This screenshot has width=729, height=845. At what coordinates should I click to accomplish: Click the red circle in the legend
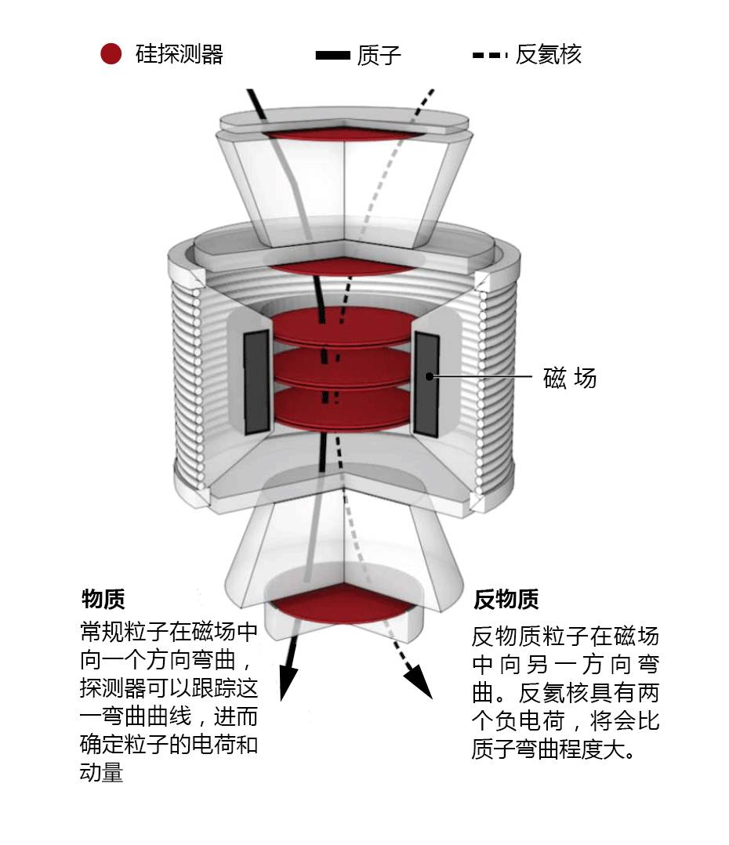(111, 54)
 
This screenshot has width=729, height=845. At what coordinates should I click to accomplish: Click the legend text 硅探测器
(180, 54)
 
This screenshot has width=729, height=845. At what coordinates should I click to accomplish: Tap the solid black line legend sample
(332, 55)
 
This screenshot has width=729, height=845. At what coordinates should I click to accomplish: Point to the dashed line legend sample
(489, 55)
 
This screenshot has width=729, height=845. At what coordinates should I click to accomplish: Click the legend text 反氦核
(549, 55)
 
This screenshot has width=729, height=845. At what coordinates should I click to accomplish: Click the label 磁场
(570, 378)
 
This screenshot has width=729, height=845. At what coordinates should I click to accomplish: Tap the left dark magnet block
(256, 383)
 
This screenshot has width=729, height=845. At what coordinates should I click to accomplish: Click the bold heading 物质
(103, 600)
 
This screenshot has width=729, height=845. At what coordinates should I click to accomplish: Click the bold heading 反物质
(506, 600)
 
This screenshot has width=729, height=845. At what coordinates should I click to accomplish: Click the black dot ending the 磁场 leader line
(430, 377)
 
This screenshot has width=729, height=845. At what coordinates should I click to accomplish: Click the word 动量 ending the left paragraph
(102, 772)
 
